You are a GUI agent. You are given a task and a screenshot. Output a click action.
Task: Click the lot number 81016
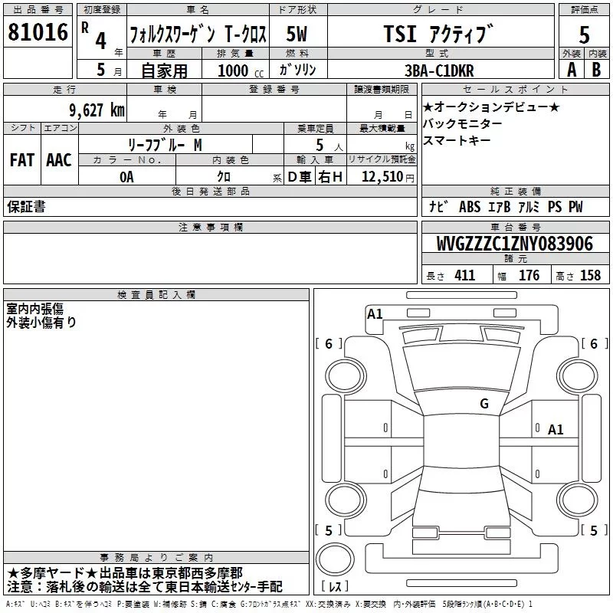coord(38,32)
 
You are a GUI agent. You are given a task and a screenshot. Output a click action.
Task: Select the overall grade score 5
coord(584,34)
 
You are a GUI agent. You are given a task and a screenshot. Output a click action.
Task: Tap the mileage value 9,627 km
coord(97,110)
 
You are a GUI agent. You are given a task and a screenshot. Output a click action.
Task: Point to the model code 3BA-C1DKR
coord(439,70)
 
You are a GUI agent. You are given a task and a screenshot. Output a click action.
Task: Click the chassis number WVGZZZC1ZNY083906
coord(514,244)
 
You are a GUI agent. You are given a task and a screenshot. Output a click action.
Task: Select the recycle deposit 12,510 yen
coord(388,177)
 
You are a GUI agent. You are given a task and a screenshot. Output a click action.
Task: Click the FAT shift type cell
coord(22,160)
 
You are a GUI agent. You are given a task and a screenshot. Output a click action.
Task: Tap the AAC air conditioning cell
coord(59,160)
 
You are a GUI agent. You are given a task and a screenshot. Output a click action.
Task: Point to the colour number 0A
coord(126,177)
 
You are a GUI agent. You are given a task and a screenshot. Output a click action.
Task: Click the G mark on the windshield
coord(484,404)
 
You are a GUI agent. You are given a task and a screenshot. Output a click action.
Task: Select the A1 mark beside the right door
coord(556,430)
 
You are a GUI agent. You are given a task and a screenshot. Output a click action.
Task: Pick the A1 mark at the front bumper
coord(375,314)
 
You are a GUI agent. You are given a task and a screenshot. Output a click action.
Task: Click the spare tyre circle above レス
coord(335,559)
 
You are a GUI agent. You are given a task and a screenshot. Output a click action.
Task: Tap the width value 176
coord(529,275)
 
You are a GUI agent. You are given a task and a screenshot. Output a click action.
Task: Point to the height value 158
coord(590,275)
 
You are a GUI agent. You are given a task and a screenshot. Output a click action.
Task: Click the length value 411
coord(465,275)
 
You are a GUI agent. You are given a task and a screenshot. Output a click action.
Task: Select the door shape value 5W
coord(297,34)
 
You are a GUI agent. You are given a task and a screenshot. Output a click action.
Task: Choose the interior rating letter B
coord(596,70)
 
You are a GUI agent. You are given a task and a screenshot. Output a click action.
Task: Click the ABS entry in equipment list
coord(470,207)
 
